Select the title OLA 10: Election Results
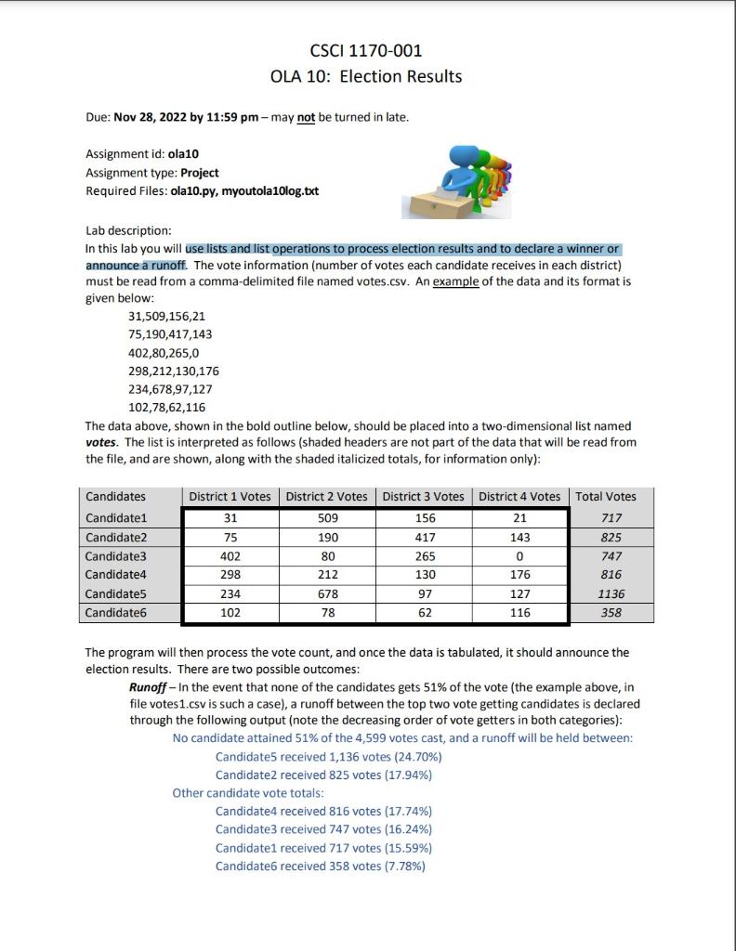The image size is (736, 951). pos(365,76)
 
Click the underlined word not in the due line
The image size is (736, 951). pos(306,118)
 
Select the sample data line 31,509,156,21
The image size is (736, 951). pos(166,316)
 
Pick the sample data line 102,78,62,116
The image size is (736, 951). pos(166,407)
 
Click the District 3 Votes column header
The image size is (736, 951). pos(424,497)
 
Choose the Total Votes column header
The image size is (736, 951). pos(606,497)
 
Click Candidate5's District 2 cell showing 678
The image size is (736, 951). pos(327,593)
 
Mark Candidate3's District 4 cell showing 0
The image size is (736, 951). pos(520,555)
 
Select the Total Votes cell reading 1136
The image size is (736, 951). pos(611,593)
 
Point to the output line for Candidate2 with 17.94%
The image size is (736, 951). pos(323,775)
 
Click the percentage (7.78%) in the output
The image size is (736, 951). pos(405,866)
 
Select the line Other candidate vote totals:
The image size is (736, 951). pos(248,793)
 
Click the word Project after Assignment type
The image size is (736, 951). pos(200,173)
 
